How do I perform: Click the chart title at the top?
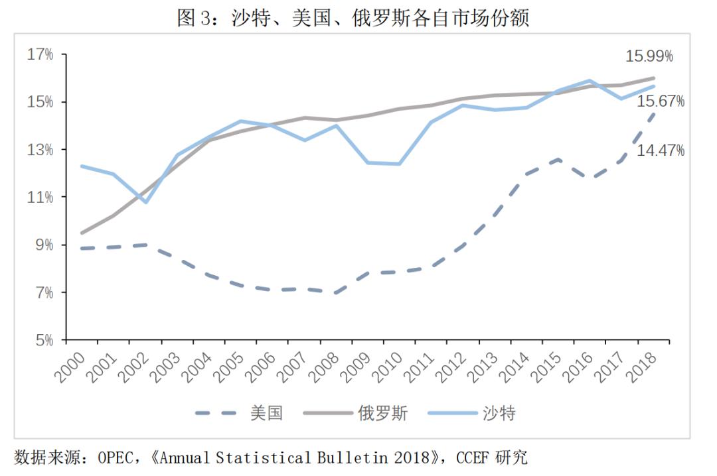(x=353, y=17)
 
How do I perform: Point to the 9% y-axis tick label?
(x=44, y=245)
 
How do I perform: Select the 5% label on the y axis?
(x=44, y=340)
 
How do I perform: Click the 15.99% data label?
(x=649, y=56)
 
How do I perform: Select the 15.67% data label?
(x=661, y=101)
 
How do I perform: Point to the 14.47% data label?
(x=661, y=150)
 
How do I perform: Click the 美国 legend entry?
(x=266, y=414)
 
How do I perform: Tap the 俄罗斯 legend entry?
(x=382, y=414)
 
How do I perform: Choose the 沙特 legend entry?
(x=499, y=414)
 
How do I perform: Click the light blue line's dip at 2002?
(x=145, y=202)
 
